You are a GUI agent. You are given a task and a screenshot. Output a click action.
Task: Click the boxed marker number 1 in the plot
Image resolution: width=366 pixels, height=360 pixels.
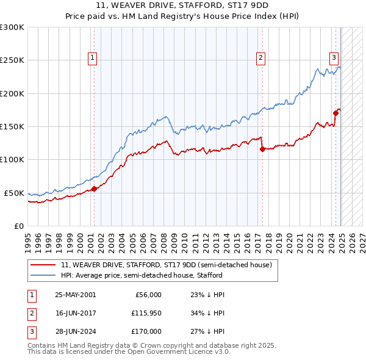(x=92, y=58)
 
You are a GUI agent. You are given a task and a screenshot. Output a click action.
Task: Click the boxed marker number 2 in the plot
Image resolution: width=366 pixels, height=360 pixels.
(x=260, y=58)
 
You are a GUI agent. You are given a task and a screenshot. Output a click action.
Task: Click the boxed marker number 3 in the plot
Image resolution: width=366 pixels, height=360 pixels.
(x=334, y=58)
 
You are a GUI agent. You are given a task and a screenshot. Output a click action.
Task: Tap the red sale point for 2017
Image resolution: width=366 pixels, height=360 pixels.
(x=262, y=148)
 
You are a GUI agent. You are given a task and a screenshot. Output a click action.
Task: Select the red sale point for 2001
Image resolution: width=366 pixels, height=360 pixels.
(x=95, y=189)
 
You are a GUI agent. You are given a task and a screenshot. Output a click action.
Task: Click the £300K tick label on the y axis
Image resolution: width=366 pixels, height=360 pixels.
(x=12, y=27)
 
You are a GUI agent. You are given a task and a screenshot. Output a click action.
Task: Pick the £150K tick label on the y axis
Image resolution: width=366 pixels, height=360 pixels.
(x=12, y=126)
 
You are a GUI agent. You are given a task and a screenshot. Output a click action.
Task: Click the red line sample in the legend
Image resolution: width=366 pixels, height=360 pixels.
(x=43, y=265)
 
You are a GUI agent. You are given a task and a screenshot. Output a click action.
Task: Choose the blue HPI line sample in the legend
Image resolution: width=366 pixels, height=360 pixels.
(x=43, y=275)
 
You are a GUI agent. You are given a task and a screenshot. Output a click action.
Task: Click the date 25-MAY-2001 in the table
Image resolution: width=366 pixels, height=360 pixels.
(x=75, y=295)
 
